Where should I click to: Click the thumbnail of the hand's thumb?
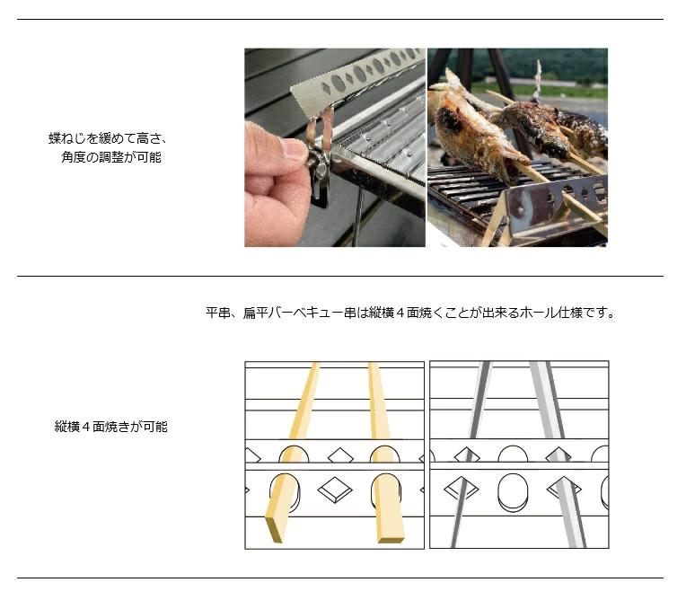click(x=295, y=149)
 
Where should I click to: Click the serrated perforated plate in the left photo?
click(x=356, y=79)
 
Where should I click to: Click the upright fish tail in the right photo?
click(x=537, y=81)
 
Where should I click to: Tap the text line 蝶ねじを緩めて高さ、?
click(x=108, y=138)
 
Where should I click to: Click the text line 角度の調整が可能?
click(x=111, y=157)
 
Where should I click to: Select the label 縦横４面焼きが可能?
click(x=111, y=427)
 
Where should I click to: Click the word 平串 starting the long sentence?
click(x=218, y=313)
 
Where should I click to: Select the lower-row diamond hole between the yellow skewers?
click(x=335, y=490)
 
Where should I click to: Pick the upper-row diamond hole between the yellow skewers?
click(x=340, y=456)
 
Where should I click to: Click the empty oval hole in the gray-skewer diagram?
click(x=513, y=492)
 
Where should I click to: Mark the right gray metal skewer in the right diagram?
click(x=558, y=455)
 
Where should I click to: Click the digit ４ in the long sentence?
click(x=400, y=313)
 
